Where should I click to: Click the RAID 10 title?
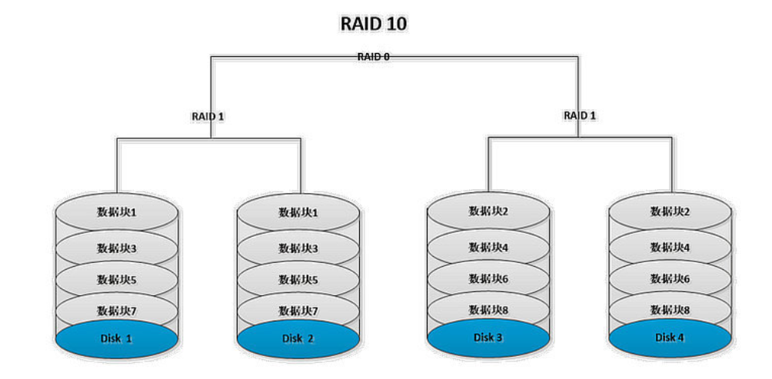374,24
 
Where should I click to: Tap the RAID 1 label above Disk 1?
208,117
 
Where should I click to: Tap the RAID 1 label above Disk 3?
581,115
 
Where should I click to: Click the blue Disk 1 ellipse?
117,338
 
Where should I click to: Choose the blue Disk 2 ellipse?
298,338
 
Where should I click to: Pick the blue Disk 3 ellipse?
488,337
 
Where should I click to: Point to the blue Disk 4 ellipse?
670,337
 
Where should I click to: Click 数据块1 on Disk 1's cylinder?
117,212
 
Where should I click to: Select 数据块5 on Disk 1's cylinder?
117,280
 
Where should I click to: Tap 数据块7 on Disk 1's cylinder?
117,311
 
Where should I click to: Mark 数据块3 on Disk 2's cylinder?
298,248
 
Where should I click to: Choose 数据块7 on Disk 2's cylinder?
298,311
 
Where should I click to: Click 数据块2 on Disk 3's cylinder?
488,211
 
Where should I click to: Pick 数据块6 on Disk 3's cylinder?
488,278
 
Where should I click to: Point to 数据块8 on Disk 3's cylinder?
488,309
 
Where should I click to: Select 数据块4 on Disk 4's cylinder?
670,248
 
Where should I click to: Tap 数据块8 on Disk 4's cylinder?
670,310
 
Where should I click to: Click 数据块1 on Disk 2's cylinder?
298,213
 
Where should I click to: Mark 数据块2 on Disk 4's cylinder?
670,211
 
